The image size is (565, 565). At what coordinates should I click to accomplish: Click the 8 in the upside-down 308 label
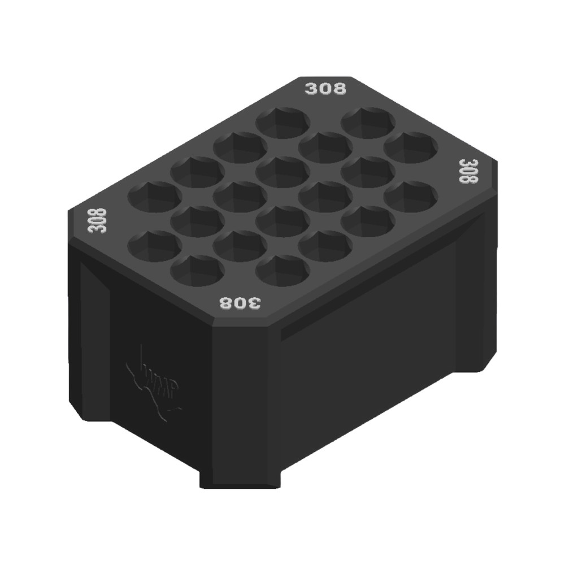(226, 303)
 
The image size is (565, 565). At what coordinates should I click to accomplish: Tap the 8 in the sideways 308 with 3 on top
(468, 179)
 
